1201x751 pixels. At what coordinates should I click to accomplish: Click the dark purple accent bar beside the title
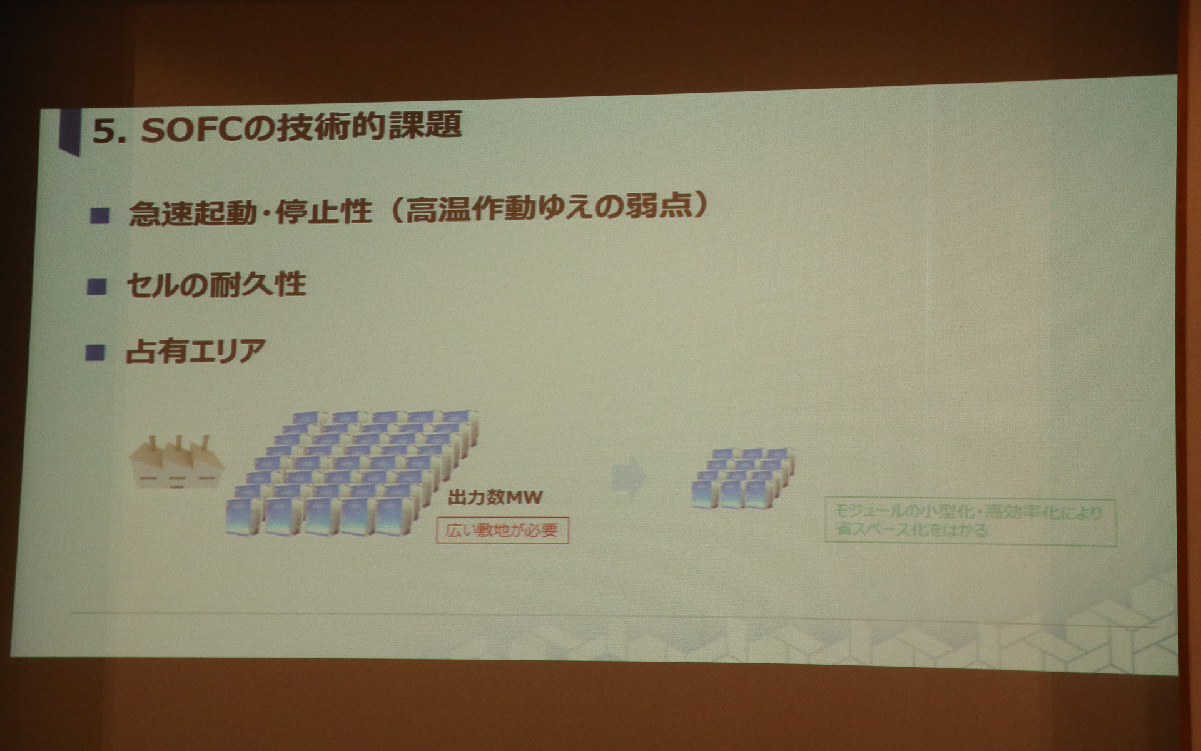(x=69, y=131)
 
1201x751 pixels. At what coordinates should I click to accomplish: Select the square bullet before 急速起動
(x=99, y=216)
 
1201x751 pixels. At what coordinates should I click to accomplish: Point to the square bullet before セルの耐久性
(x=97, y=287)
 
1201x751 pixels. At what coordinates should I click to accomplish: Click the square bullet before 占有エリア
(x=95, y=353)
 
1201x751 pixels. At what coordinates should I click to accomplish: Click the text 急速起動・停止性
(x=250, y=213)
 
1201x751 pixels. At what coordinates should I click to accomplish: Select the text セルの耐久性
(x=216, y=285)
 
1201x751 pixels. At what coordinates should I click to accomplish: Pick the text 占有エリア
(x=196, y=351)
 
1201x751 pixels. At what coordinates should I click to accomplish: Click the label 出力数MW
(x=495, y=498)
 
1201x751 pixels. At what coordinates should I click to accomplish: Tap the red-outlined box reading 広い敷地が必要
(x=502, y=531)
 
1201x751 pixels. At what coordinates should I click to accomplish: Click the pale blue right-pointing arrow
(x=629, y=477)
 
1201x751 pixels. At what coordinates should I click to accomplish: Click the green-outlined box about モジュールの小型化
(x=970, y=522)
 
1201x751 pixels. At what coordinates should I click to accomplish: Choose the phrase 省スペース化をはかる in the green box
(x=911, y=531)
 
